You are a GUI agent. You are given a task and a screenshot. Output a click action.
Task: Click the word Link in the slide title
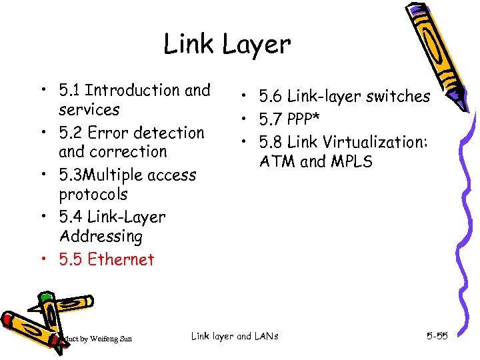tap(189, 45)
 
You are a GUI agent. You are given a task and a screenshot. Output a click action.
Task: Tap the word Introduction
tap(134, 90)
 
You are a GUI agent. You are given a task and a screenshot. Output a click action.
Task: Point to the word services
tap(89, 109)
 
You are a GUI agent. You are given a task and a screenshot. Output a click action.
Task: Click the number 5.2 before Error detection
tap(71, 133)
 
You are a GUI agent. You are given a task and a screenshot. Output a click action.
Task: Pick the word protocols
tap(93, 195)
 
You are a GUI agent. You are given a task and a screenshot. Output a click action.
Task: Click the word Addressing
tap(101, 236)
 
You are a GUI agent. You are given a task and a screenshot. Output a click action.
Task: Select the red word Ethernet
tap(121, 259)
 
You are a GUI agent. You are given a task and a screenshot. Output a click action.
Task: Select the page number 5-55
tap(437, 336)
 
